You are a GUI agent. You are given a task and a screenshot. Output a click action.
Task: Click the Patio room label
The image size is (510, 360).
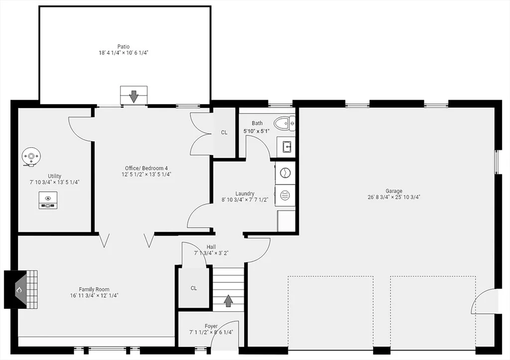pos(124,46)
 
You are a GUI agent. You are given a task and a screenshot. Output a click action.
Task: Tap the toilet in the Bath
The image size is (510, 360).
pos(284,123)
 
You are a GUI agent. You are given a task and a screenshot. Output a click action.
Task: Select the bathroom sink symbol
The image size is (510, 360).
pos(286,147)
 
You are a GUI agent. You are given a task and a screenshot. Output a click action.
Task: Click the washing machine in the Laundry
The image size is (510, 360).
pos(285,173)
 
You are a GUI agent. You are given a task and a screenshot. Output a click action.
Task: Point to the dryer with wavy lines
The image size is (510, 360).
pos(285,196)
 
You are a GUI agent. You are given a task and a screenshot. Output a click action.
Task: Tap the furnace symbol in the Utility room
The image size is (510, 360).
pos(48,200)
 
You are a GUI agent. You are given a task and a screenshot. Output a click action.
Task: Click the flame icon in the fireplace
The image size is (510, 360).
pos(19,289)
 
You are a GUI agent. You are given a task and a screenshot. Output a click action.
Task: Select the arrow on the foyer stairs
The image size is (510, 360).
pos(228,301)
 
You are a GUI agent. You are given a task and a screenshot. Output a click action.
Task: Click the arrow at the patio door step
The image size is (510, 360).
pos(133,96)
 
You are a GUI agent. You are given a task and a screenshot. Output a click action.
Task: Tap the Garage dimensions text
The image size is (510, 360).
pos(394,197)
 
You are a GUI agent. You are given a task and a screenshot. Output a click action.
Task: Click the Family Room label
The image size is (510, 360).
pos(94,289)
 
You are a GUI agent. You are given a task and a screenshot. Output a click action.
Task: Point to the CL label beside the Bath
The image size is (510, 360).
pos(224,132)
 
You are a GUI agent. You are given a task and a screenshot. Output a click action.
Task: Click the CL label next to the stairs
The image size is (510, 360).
pos(194,288)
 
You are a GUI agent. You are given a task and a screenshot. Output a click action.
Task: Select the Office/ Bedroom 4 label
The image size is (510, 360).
pos(146,168)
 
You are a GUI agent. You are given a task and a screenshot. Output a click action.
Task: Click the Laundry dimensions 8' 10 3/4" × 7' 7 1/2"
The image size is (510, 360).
pos(245,200)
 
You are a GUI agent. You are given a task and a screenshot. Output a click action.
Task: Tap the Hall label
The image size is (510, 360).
pos(211,247)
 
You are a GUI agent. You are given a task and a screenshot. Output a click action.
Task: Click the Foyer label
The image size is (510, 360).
pos(211,326)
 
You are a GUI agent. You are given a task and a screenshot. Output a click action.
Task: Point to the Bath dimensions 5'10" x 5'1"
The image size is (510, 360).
pos(256,131)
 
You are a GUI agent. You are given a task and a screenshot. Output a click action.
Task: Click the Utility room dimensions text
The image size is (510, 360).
pos(55,182)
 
